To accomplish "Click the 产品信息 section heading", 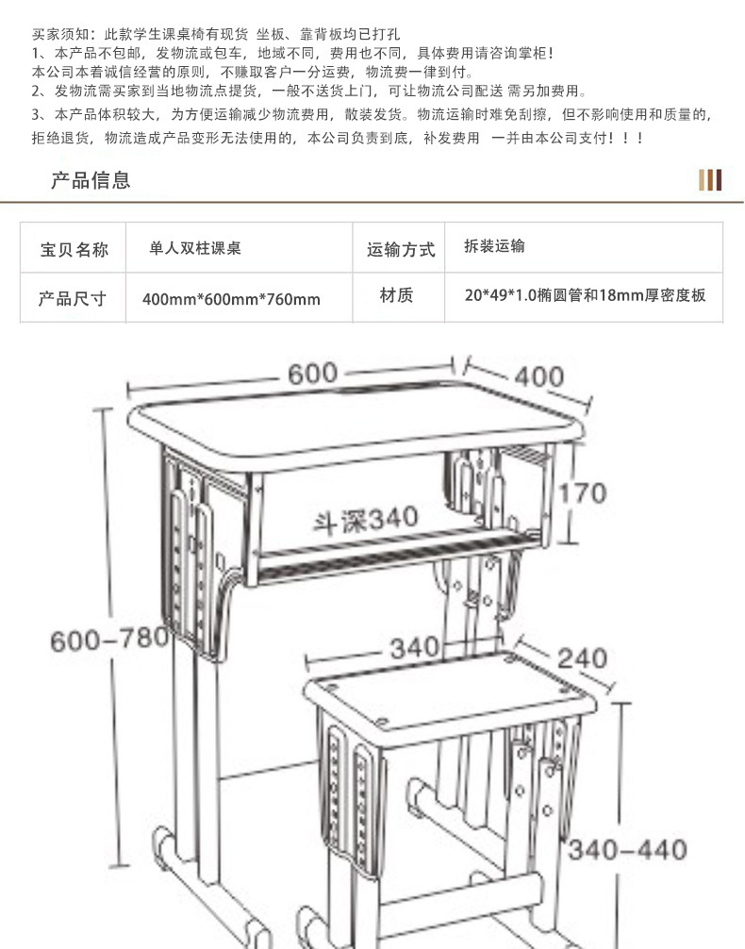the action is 91,180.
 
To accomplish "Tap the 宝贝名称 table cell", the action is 74,249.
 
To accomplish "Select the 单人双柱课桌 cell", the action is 196,248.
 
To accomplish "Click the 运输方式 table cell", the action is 401,249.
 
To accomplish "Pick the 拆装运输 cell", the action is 494,246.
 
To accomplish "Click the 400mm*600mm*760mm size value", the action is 231,300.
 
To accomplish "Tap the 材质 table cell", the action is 397,295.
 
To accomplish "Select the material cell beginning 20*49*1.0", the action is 585,295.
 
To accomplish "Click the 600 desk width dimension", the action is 312,373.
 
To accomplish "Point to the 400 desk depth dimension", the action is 538,377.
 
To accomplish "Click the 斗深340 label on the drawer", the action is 367,518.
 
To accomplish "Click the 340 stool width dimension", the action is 415,648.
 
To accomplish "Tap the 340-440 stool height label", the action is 627,849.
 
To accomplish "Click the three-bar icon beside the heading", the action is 710,180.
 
